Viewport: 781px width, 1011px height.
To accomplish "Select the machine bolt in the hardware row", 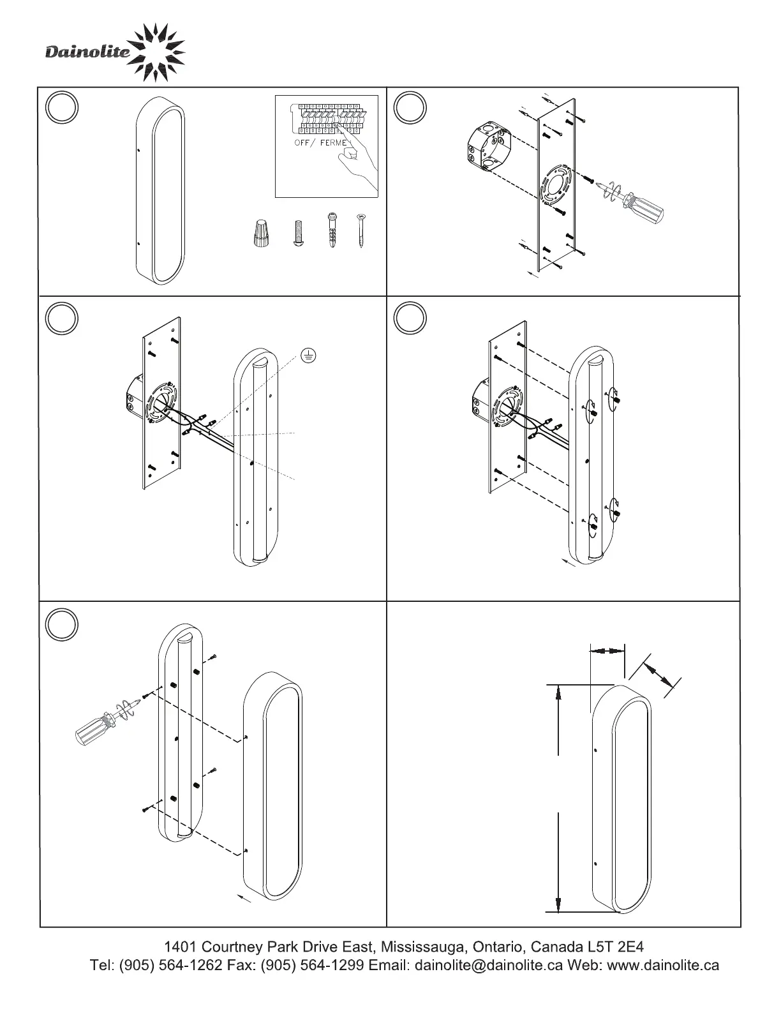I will point(297,235).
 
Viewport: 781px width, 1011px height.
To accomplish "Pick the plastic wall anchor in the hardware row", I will point(332,232).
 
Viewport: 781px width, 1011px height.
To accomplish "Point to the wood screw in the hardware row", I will point(362,232).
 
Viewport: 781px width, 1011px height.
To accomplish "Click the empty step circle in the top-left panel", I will point(63,107).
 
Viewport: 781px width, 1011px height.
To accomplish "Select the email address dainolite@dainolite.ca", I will point(489,965).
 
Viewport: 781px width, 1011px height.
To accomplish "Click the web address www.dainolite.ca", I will point(664,965).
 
